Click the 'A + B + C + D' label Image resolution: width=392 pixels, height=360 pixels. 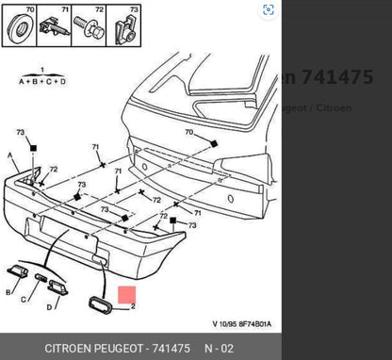click(42, 80)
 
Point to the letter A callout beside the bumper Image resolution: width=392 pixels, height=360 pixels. click(10, 156)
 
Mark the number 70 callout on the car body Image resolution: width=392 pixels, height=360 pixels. click(188, 132)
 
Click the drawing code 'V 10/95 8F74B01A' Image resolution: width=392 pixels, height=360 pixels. click(241, 324)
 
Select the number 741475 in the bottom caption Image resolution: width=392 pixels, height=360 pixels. click(170, 349)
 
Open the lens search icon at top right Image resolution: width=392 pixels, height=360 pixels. click(269, 10)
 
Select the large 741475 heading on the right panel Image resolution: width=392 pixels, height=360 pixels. click(336, 77)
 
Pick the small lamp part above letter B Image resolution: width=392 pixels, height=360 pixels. click(16, 271)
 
